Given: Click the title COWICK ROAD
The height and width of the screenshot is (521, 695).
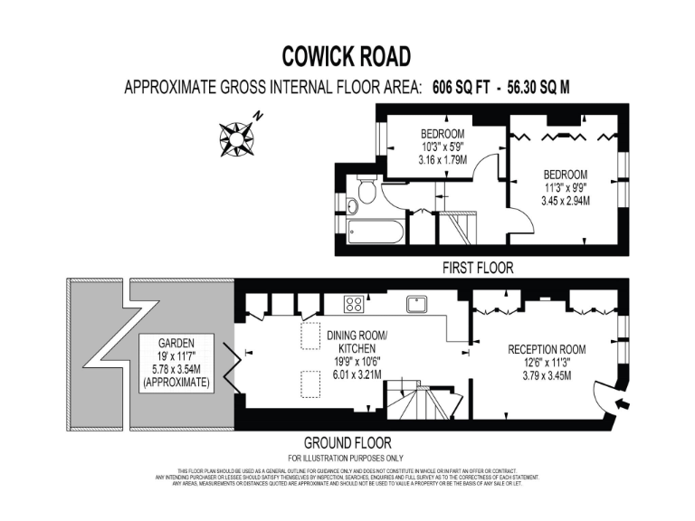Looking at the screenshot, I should pyautogui.click(x=347, y=56).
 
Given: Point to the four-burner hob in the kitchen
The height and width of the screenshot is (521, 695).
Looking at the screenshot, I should pyautogui.click(x=354, y=304).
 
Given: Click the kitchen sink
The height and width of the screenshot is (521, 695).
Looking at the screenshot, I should pyautogui.click(x=417, y=303).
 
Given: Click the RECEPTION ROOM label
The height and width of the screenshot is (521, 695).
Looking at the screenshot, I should pyautogui.click(x=546, y=349).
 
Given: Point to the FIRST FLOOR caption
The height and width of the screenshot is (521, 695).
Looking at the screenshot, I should pyautogui.click(x=477, y=268).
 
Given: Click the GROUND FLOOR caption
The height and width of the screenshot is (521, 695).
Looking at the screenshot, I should pyautogui.click(x=347, y=443).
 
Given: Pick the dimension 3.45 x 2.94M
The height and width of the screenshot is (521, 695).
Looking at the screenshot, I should pyautogui.click(x=566, y=200).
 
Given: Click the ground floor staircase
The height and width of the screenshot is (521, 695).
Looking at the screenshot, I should pyautogui.click(x=419, y=398).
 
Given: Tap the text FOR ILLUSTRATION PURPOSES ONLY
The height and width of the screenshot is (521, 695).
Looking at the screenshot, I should pyautogui.click(x=347, y=457).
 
